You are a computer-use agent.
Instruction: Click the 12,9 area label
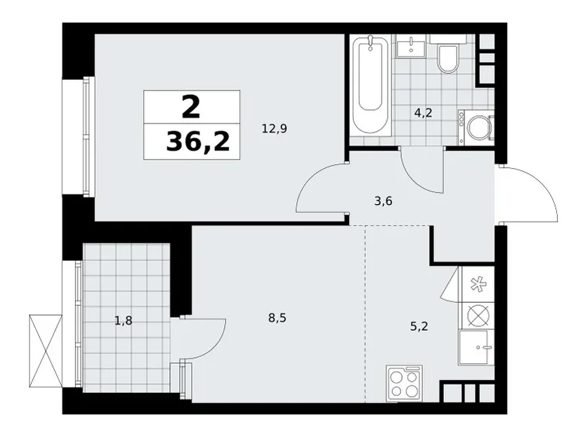coord(274,128)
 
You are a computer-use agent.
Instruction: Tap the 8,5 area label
coord(276,318)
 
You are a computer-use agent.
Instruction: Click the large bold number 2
coord(191,107)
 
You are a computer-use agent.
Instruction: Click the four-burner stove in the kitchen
coord(405,383)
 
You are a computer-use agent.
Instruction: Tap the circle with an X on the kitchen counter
coord(477,314)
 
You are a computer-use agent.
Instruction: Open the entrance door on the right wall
coord(528,194)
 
